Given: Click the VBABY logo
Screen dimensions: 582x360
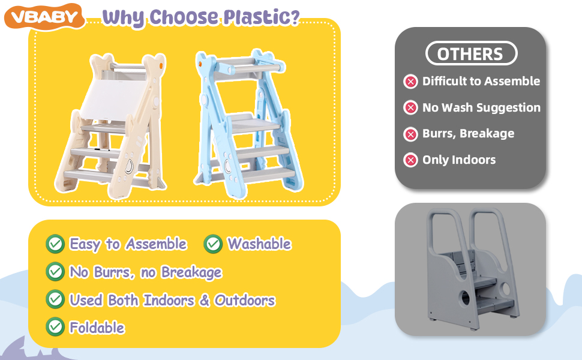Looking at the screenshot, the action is pos(44,17).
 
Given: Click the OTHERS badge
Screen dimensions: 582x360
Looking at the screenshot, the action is pos(471,53).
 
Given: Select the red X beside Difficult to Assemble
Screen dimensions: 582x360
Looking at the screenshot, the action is pos(410,81).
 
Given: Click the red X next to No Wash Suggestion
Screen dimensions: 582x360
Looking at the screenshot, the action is pos(410,107).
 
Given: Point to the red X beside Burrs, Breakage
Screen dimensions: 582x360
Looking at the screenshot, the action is pos(410,134).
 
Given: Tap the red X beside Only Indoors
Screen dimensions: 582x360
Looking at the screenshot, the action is pos(410,160).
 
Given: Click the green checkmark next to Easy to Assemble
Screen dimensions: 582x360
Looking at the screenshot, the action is pos(55,244).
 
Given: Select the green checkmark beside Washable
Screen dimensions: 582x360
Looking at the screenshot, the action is pos(213,244).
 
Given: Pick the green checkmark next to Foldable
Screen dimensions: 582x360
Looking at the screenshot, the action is pos(55,326).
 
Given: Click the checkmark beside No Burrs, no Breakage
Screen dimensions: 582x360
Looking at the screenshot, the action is pos(55,271).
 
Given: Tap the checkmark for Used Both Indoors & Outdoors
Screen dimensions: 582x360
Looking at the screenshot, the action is pos(55,299).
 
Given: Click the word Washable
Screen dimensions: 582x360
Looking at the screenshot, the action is pos(259,244).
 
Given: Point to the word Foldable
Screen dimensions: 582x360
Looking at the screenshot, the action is pos(97,328).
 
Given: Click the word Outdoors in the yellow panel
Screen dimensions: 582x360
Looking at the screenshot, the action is pos(245,300).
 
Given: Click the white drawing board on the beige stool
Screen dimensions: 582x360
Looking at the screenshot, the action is pos(114,97).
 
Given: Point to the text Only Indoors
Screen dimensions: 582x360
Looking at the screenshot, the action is pos(459,160).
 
